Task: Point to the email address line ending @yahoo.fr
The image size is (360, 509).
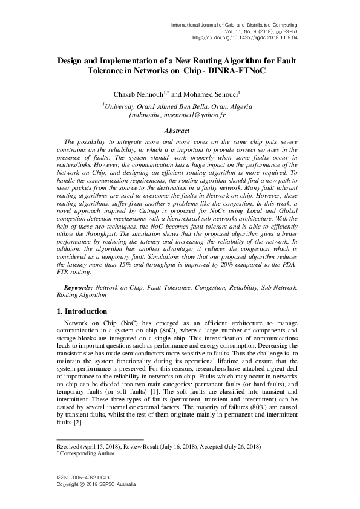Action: (x=180, y=114)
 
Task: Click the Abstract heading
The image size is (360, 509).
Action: (x=180, y=131)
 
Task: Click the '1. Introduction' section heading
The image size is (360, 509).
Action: (x=80, y=311)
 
